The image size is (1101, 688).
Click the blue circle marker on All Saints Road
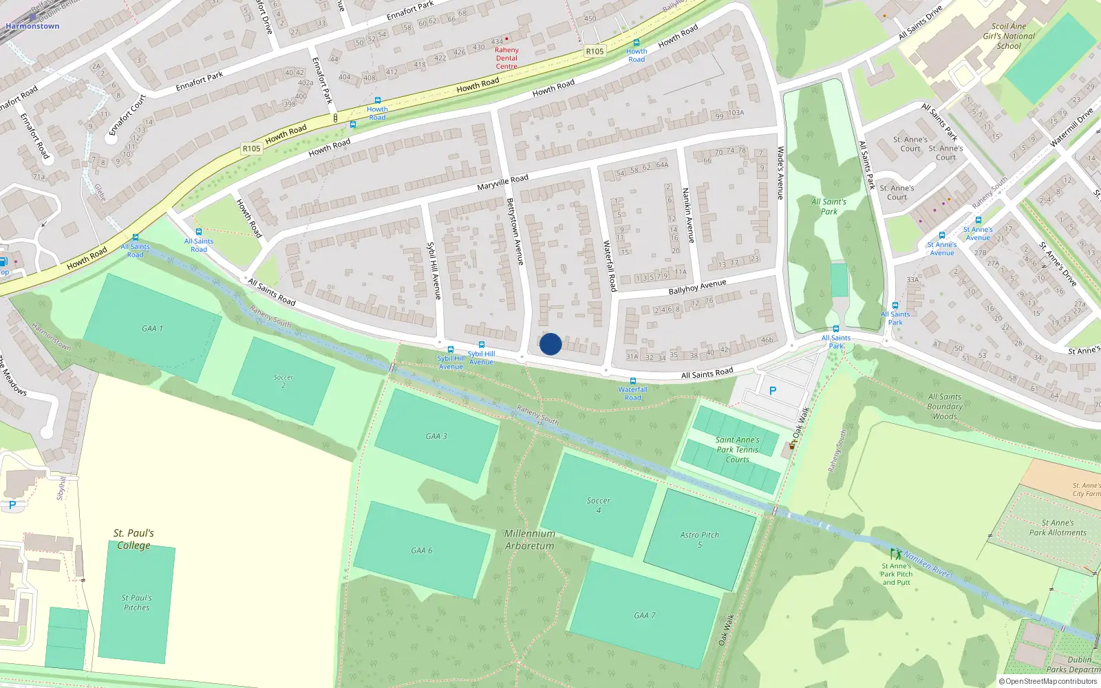550,344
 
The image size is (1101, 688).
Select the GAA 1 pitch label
152,329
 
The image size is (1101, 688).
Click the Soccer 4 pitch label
598,505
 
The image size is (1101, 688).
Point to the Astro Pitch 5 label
699,539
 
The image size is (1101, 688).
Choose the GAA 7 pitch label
644,616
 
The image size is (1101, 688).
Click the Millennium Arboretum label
529,539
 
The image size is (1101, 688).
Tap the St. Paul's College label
133,539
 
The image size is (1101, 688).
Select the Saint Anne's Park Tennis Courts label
737,449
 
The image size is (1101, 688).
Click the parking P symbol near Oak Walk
773,391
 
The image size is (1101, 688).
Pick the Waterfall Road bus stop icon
632,381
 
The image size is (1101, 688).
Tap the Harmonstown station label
32,26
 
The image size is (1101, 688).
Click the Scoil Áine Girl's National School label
1009,36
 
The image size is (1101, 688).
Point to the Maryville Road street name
503,182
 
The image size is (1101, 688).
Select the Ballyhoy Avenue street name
697,287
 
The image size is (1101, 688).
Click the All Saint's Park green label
829,206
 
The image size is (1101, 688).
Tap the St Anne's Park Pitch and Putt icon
895,554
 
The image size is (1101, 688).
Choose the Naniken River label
927,564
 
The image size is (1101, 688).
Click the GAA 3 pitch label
436,436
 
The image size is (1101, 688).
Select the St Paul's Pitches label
136,603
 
